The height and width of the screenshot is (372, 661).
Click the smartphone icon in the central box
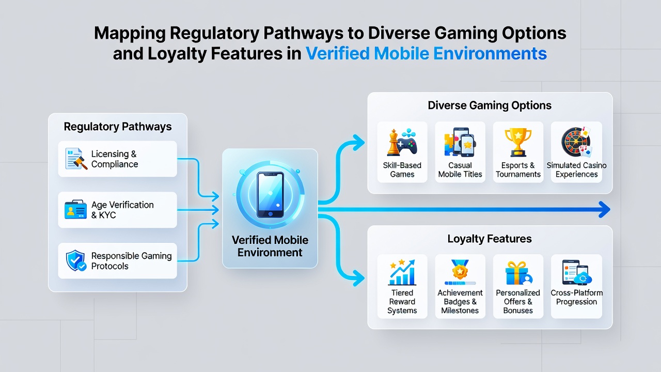[270, 195]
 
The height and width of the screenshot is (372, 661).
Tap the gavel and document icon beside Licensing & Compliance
[76, 159]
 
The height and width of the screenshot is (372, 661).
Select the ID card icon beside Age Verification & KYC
[75, 209]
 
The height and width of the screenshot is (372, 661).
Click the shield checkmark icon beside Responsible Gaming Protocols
[76, 260]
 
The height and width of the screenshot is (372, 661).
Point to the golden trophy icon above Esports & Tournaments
[518, 142]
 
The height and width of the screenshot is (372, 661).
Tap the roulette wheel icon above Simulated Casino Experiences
[576, 142]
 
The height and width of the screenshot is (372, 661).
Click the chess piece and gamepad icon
[402, 142]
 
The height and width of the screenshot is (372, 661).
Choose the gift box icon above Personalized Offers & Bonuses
[518, 273]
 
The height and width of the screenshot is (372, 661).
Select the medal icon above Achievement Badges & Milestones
[460, 272]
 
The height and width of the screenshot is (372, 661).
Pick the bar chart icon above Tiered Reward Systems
[402, 272]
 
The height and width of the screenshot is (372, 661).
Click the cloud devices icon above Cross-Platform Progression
[577, 272]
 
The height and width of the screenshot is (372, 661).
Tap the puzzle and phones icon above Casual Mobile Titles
[460, 142]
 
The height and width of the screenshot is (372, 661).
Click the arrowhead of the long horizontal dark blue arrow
[604, 210]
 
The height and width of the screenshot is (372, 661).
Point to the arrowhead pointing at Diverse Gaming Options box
[359, 143]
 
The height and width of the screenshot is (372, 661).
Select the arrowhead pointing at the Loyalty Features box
[359, 278]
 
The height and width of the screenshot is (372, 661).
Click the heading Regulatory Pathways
[118, 127]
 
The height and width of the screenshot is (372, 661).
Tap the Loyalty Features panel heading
[490, 239]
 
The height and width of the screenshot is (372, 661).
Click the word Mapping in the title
[130, 34]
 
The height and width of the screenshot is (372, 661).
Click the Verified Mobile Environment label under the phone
[270, 246]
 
